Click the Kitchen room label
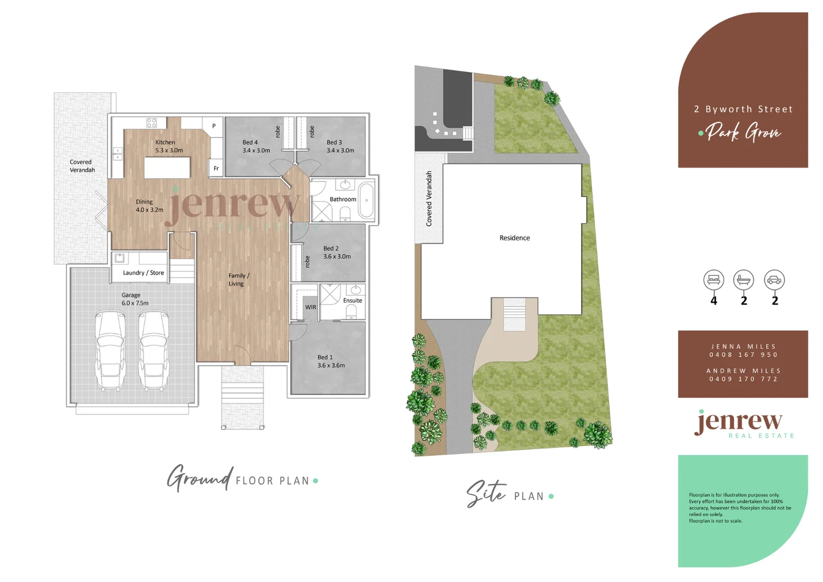tap(165, 142)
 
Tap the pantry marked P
tap(214, 126)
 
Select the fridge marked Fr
tap(216, 169)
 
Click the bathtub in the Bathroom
tap(366, 200)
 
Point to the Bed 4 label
tap(250, 142)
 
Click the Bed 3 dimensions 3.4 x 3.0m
tap(340, 150)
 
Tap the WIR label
tap(311, 307)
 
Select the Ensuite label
tap(352, 301)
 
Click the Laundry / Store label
tap(143, 273)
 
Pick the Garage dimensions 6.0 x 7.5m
tap(135, 303)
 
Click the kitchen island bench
tap(167, 167)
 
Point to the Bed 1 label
tap(325, 357)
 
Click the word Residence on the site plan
tap(514, 238)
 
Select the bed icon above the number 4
tap(714, 280)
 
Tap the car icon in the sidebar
tap(774, 280)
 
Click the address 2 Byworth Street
tap(743, 109)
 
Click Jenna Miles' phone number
tap(743, 355)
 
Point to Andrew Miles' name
tap(743, 371)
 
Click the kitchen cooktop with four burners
tap(151, 123)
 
